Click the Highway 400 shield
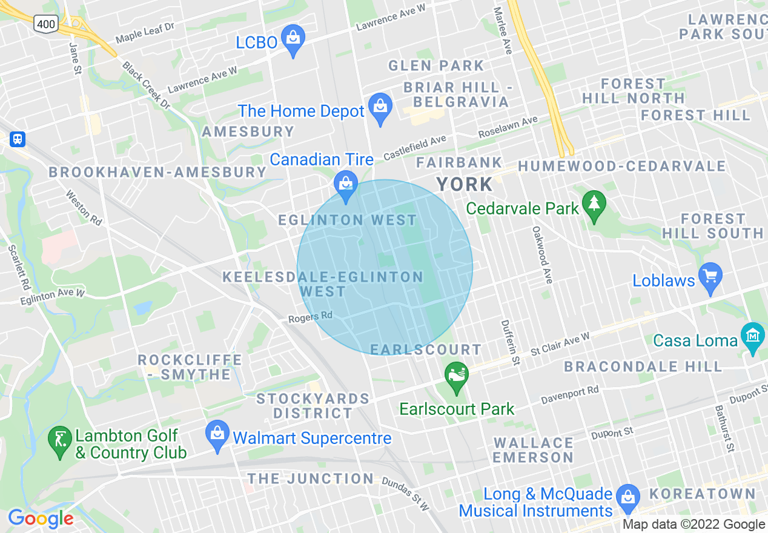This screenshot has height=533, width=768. click(46, 24)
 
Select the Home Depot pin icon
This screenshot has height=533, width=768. click(380, 108)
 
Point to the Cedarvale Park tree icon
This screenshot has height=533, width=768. click(594, 205)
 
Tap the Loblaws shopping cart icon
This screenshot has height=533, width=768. click(710, 278)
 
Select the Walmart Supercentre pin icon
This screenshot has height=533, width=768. click(217, 435)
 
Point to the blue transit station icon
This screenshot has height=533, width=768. click(18, 139)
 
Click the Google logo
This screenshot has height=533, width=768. click(41, 518)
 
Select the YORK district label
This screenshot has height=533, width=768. click(465, 184)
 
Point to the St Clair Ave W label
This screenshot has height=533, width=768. click(560, 344)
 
